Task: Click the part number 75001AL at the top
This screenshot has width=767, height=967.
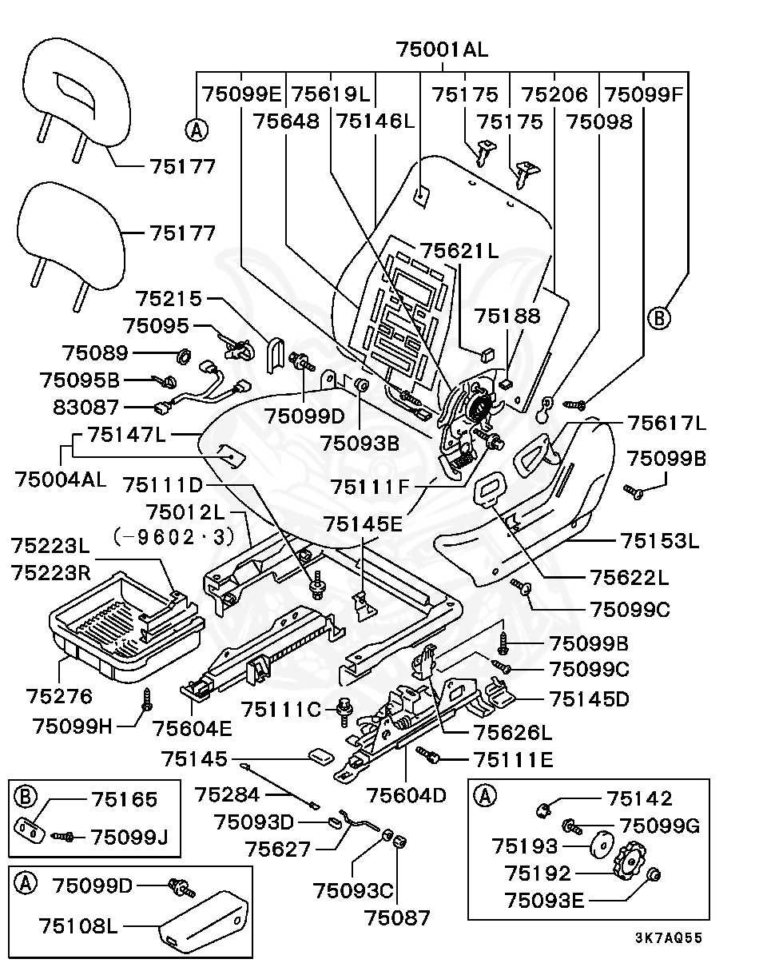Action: [x=442, y=50]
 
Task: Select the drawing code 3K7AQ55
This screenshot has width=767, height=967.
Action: [x=669, y=938]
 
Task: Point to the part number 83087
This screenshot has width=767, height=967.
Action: [x=85, y=407]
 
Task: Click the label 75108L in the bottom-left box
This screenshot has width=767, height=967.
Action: [x=78, y=926]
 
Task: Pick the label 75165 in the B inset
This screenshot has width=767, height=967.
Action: [x=124, y=799]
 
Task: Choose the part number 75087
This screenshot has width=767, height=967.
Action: [x=397, y=917]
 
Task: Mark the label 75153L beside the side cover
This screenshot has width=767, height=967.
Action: [x=660, y=540]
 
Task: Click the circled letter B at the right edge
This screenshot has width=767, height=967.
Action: [x=659, y=318]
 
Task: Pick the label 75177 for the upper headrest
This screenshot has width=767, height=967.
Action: [x=182, y=166]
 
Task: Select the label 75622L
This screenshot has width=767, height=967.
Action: [x=630, y=578]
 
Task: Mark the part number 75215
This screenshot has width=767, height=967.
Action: [x=169, y=299]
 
